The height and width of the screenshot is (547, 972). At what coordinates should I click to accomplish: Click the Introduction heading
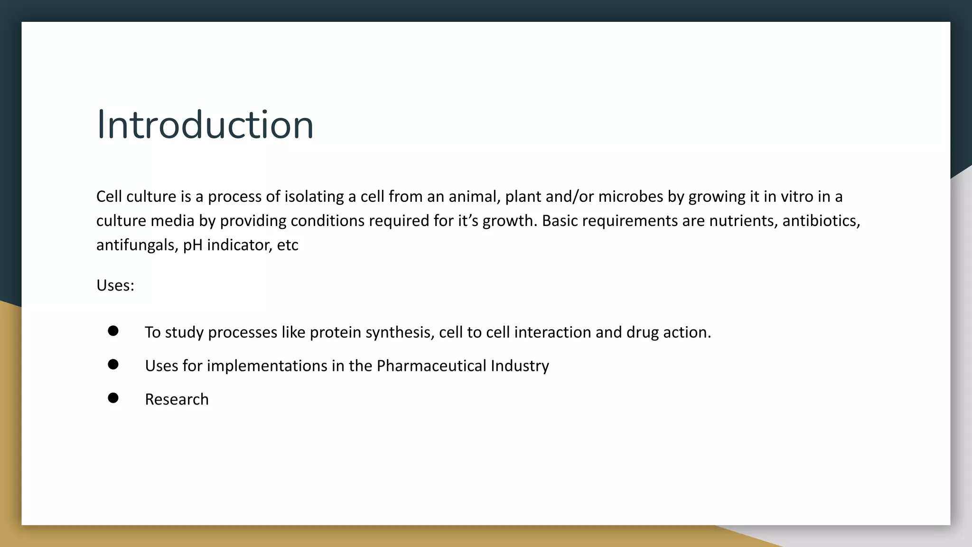click(x=205, y=125)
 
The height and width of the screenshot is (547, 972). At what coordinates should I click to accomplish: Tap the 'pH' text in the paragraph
click(x=193, y=245)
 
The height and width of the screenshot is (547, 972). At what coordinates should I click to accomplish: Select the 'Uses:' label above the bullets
click(x=115, y=285)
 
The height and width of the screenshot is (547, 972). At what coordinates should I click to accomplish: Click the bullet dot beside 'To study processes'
click(x=113, y=331)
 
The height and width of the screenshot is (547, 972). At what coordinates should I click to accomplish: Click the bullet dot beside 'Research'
click(x=113, y=398)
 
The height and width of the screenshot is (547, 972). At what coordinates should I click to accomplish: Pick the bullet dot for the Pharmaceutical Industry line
click(x=113, y=364)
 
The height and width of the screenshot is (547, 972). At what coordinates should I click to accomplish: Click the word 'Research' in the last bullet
click(x=177, y=399)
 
